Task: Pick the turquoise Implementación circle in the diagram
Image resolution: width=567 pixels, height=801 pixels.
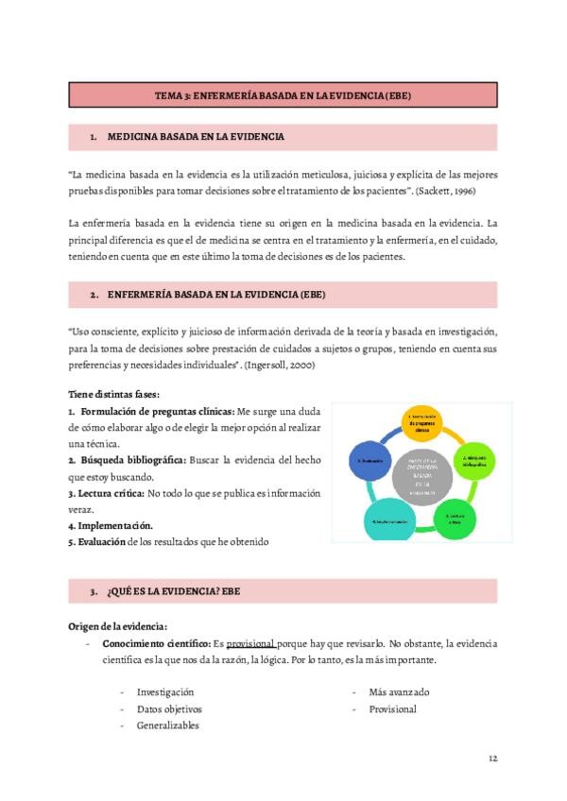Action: click(x=388, y=522)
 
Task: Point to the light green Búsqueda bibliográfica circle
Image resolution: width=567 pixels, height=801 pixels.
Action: click(x=474, y=460)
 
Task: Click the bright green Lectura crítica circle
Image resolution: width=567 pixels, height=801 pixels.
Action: click(x=454, y=520)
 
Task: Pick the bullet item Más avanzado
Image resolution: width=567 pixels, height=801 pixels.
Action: click(x=399, y=691)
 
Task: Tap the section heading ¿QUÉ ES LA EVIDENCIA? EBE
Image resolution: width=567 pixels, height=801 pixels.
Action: click(x=178, y=591)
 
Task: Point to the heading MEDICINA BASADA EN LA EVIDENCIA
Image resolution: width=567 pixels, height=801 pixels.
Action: click(x=196, y=137)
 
